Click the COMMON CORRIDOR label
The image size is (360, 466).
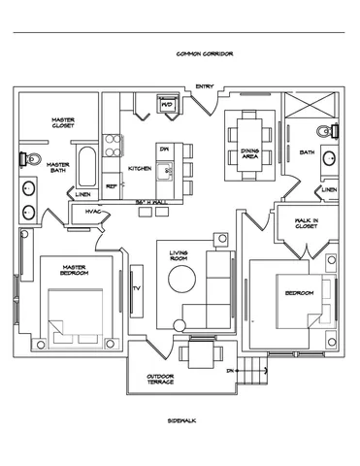(x=204, y=54)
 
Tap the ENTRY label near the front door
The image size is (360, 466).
(x=204, y=86)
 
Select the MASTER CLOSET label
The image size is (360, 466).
(x=65, y=123)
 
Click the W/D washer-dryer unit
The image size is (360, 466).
(x=166, y=104)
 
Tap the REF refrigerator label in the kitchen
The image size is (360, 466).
(x=111, y=184)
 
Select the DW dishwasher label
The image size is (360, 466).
(x=165, y=149)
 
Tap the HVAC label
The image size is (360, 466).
(x=94, y=211)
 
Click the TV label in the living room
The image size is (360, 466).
(x=136, y=287)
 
